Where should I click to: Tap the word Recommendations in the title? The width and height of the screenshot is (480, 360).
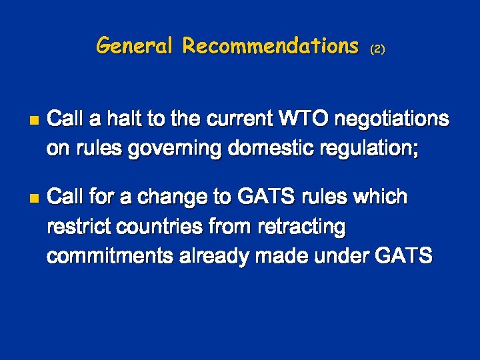(x=271, y=46)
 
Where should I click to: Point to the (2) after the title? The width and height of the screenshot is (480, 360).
(x=378, y=49)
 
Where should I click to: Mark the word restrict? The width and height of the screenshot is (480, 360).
(x=78, y=227)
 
